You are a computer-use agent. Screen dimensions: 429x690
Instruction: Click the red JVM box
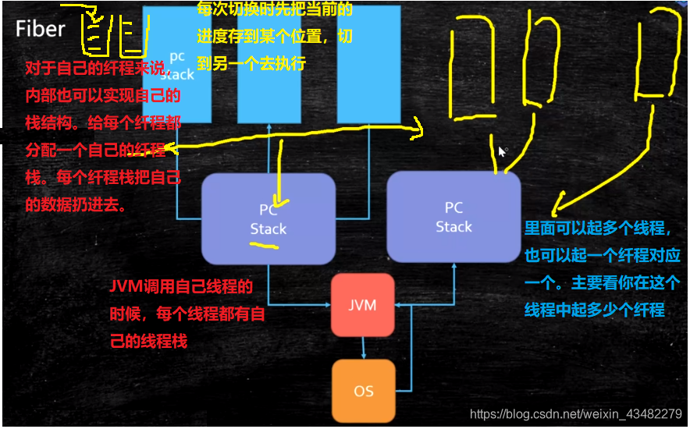(x=362, y=305)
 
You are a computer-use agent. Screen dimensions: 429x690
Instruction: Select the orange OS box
(x=363, y=390)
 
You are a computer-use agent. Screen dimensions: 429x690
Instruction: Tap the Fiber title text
(x=41, y=29)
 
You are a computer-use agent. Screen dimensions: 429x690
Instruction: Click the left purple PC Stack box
(x=268, y=218)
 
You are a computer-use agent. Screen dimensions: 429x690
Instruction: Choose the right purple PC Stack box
(x=453, y=217)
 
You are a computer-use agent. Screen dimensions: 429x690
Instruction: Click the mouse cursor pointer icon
(x=503, y=151)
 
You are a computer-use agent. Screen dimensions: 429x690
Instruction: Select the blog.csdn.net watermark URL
(x=576, y=414)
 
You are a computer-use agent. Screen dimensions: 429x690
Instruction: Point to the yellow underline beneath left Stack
(x=264, y=246)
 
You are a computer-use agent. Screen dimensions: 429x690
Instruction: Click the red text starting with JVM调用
(x=181, y=286)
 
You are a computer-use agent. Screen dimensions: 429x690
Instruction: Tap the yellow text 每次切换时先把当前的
(x=275, y=10)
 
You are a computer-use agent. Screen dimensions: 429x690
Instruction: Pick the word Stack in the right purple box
(x=453, y=227)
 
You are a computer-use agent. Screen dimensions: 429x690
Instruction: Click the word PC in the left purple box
(x=268, y=209)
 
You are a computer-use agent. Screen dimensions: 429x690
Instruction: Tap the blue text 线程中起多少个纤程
(x=594, y=310)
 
